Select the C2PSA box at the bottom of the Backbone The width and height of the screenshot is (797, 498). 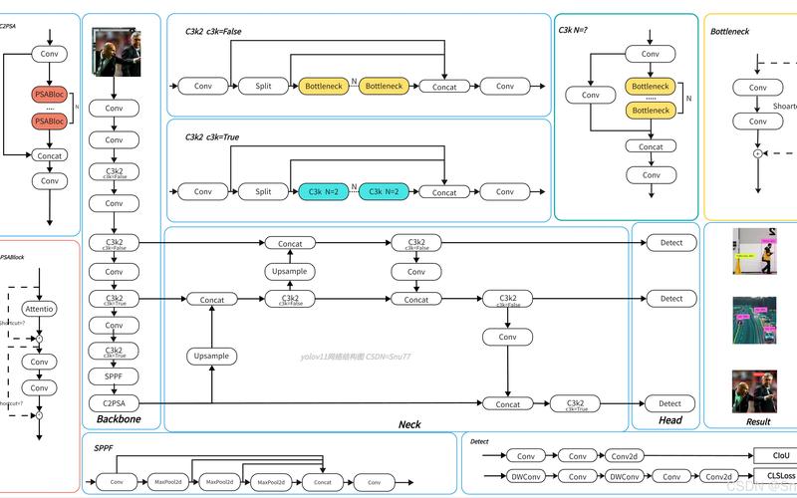(x=114, y=403)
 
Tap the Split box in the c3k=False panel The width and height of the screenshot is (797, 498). (x=263, y=87)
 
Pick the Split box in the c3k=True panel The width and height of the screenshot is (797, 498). (x=263, y=191)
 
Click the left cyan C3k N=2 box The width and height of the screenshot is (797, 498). (x=324, y=191)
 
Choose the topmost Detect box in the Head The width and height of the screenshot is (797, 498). (x=671, y=243)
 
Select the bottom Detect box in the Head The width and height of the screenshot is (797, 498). (x=671, y=403)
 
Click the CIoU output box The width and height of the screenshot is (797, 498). (x=775, y=454)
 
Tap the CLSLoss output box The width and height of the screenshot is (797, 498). (x=775, y=476)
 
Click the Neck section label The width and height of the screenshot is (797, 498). (x=409, y=424)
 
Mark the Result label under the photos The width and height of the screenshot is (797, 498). (x=758, y=421)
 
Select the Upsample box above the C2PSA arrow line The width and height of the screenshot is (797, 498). (x=211, y=356)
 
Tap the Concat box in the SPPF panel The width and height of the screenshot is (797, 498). (x=323, y=482)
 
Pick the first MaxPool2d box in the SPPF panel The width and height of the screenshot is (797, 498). (x=168, y=482)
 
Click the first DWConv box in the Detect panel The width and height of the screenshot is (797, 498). (x=522, y=476)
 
